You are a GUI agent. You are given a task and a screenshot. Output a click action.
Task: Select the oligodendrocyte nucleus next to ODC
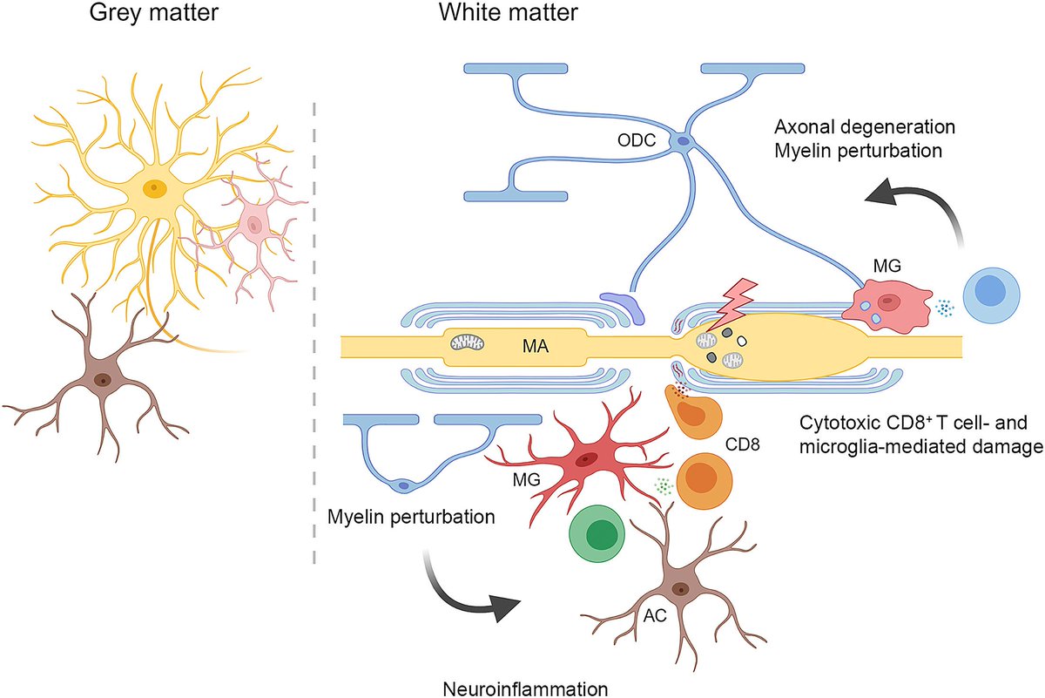(x=684, y=139)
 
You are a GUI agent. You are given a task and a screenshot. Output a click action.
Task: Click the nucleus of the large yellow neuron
(x=155, y=186)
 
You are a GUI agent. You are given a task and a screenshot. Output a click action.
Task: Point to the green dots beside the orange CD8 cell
(x=663, y=485)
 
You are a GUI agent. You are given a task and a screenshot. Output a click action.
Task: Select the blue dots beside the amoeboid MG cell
(x=944, y=308)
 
